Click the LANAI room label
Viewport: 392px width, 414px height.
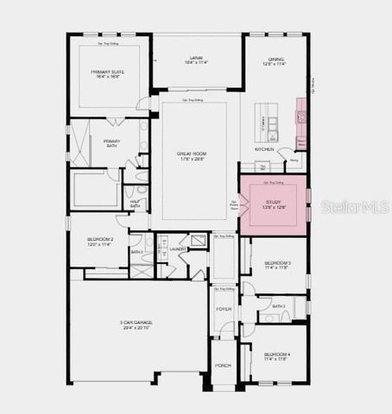pos(194,56)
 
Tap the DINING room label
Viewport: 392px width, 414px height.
pos(275,59)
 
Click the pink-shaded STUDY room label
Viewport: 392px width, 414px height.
pos(273,201)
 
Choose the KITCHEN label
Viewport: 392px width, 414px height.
pos(264,149)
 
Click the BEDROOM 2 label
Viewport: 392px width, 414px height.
pos(99,241)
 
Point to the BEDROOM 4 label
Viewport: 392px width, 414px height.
pos(277,354)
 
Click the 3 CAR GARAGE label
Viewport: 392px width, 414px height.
pos(136,323)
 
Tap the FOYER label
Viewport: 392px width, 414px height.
pos(224,309)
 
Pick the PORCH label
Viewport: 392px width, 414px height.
pos(224,365)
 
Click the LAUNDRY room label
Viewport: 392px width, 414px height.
pos(179,249)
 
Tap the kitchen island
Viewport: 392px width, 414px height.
pos(274,126)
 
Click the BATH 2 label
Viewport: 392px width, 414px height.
pos(136,252)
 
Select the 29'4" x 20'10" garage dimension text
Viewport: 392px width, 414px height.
pos(136,329)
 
